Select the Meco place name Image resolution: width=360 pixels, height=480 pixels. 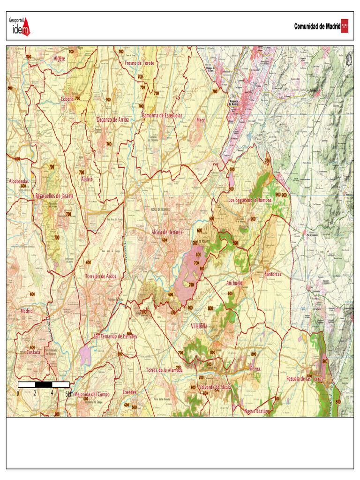point(201,120)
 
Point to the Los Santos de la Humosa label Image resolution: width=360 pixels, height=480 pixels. point(249,200)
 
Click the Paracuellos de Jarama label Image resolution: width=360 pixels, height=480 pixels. point(54,196)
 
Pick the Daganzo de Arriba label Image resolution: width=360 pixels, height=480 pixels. point(112,120)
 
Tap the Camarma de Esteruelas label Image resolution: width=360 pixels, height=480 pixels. point(162,115)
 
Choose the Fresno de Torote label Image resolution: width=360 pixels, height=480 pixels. point(139,63)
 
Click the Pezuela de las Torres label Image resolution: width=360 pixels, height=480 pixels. point(305,379)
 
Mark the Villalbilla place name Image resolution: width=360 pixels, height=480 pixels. point(199,326)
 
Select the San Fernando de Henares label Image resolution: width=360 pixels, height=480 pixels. point(115,337)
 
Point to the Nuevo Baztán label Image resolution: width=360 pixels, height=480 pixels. point(256,411)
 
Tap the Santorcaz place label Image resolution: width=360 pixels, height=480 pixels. point(273,274)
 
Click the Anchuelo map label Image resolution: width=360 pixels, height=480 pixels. point(234,283)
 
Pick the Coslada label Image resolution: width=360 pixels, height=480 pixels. point(33,352)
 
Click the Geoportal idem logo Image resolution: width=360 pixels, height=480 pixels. point(19,26)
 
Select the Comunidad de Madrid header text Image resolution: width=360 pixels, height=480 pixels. point(317,27)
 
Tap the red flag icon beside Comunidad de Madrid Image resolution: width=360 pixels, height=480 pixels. point(345,26)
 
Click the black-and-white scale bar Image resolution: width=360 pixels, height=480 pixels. point(44,385)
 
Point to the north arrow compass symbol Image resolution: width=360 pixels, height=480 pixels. point(348,60)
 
